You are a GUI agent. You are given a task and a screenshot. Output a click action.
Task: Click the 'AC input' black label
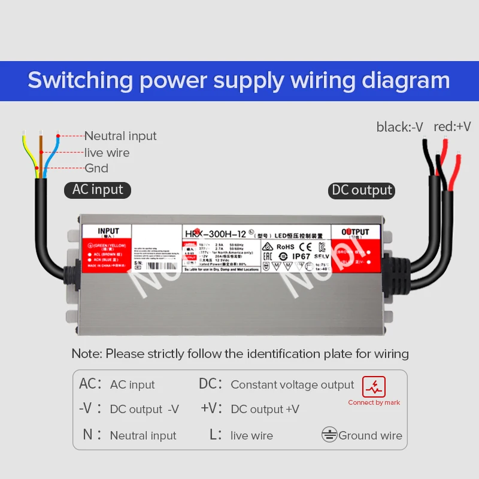click(98, 190)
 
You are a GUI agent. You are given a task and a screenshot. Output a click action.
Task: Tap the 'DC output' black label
click(362, 190)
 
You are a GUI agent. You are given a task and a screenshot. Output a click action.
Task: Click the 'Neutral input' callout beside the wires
click(120, 136)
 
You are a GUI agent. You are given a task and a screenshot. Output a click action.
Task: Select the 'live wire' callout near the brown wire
click(107, 153)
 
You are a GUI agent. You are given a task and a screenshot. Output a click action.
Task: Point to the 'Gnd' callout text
click(96, 168)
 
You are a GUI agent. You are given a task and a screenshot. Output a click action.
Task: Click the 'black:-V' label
click(399, 126)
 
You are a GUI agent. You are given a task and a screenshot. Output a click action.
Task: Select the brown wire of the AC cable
click(41, 153)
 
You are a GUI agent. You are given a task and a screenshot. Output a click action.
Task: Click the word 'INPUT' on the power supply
click(108, 231)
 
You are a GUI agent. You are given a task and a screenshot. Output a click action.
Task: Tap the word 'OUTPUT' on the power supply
click(356, 232)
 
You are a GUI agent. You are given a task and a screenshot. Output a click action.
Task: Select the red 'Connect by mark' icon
click(374, 387)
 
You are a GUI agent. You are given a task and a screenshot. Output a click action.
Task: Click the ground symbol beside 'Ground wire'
click(329, 435)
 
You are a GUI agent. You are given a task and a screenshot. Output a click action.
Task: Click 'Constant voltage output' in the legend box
click(292, 385)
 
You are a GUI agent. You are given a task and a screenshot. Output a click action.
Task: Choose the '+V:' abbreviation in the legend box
click(211, 408)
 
